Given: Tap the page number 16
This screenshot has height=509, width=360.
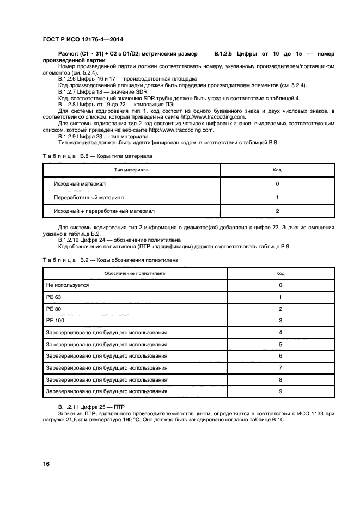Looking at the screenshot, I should [46, 464].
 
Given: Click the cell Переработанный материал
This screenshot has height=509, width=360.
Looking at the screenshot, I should [89, 197].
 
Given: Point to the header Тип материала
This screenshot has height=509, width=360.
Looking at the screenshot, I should [131, 170].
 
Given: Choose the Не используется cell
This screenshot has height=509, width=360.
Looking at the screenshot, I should [68, 285].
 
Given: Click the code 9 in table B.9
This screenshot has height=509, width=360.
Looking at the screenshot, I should [280, 391].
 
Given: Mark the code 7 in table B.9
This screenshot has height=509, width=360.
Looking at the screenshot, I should [280, 367].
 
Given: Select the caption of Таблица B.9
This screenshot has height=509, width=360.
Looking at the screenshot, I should [111, 260].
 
